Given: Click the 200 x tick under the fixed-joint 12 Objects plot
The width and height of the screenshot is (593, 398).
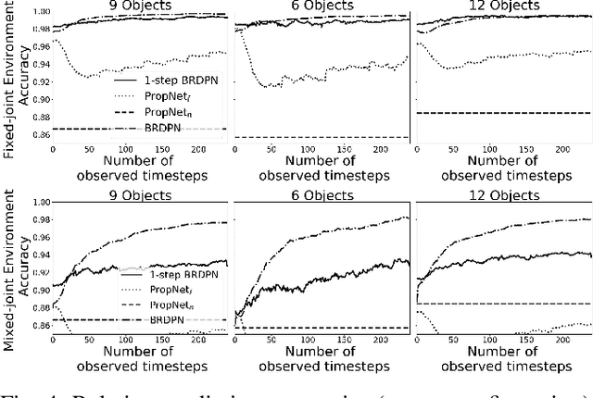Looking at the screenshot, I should click(x=557, y=148).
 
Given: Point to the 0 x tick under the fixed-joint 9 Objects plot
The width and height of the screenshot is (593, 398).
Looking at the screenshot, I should click(x=52, y=148).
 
